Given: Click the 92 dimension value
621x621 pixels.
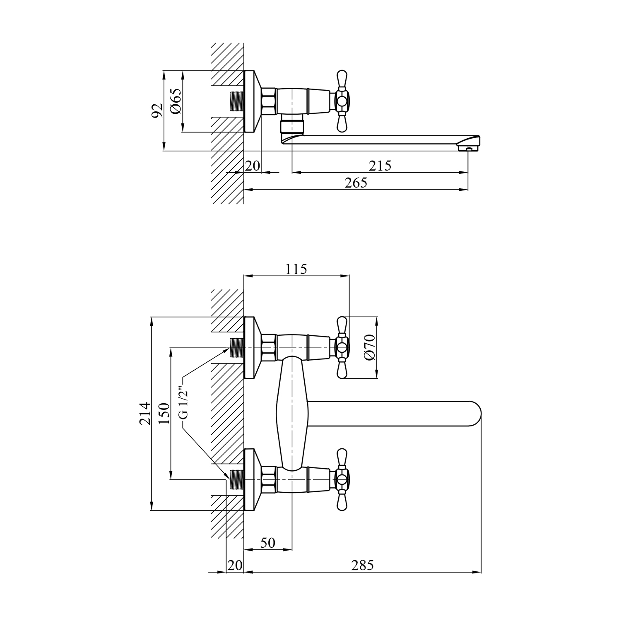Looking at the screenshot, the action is pyautogui.click(x=157, y=111).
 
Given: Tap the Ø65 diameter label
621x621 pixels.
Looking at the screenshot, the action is pyautogui.click(x=175, y=102).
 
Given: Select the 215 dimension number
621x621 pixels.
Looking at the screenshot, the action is pyautogui.click(x=380, y=166).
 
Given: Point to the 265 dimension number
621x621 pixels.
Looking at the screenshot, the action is pyautogui.click(x=356, y=183).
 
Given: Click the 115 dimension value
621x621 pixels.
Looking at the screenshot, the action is pyautogui.click(x=296, y=269).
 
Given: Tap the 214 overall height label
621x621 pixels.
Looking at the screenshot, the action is pyautogui.click(x=144, y=413).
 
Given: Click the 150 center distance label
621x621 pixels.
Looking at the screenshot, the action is pyautogui.click(x=164, y=413).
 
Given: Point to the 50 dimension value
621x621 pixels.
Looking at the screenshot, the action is pyautogui.click(x=268, y=543).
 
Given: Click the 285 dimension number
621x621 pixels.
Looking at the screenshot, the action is pyautogui.click(x=362, y=565).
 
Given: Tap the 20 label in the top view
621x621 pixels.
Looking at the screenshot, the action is pyautogui.click(x=253, y=166).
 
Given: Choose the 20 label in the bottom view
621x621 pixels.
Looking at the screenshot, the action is pyautogui.click(x=235, y=565).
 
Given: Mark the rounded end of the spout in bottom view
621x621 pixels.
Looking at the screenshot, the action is pyautogui.click(x=476, y=414).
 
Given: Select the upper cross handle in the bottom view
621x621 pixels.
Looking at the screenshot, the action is pyautogui.click(x=342, y=348).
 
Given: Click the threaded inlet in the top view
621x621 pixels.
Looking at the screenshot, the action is pyautogui.click(x=237, y=101).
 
